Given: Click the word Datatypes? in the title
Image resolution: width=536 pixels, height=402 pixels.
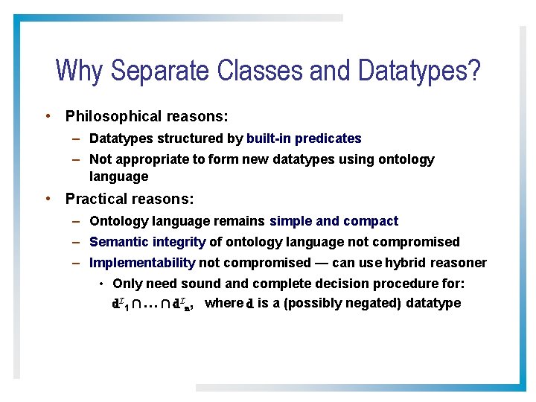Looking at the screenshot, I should point(419,71).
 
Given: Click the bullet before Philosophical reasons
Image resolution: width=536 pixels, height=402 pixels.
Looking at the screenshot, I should point(48,116).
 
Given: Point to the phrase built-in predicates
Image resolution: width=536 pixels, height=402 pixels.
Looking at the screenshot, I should point(304,138).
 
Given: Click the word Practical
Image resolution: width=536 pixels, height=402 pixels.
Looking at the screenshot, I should point(95,199).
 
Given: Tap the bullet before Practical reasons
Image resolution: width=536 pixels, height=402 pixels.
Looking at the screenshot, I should point(48,199).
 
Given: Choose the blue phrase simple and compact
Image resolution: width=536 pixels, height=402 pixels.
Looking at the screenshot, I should point(334,221).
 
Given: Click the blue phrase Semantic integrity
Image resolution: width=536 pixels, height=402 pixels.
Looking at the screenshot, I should point(147,242).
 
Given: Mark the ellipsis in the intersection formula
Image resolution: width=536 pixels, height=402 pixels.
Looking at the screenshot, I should point(146,304).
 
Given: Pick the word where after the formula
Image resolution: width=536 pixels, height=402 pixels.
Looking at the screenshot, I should point(223,303).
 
